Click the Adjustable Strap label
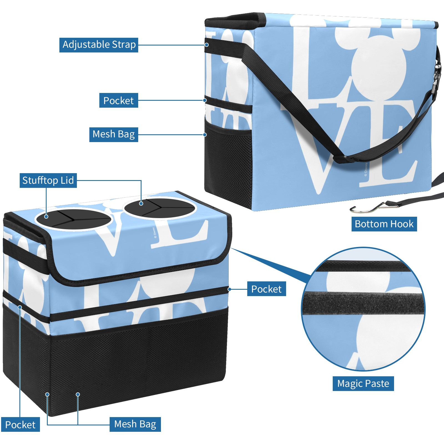99,45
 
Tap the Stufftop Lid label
48,180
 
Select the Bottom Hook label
384,224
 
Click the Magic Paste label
363,384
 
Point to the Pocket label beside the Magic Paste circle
266,289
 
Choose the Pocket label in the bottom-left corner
20,425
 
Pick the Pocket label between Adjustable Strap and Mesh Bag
118,100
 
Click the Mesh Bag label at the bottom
135,424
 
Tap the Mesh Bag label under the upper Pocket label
113,135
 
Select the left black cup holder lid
74,219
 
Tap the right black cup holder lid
160,208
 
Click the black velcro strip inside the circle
364,303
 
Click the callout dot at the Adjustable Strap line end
207,45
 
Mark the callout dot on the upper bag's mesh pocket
205,135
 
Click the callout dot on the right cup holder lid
141,203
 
